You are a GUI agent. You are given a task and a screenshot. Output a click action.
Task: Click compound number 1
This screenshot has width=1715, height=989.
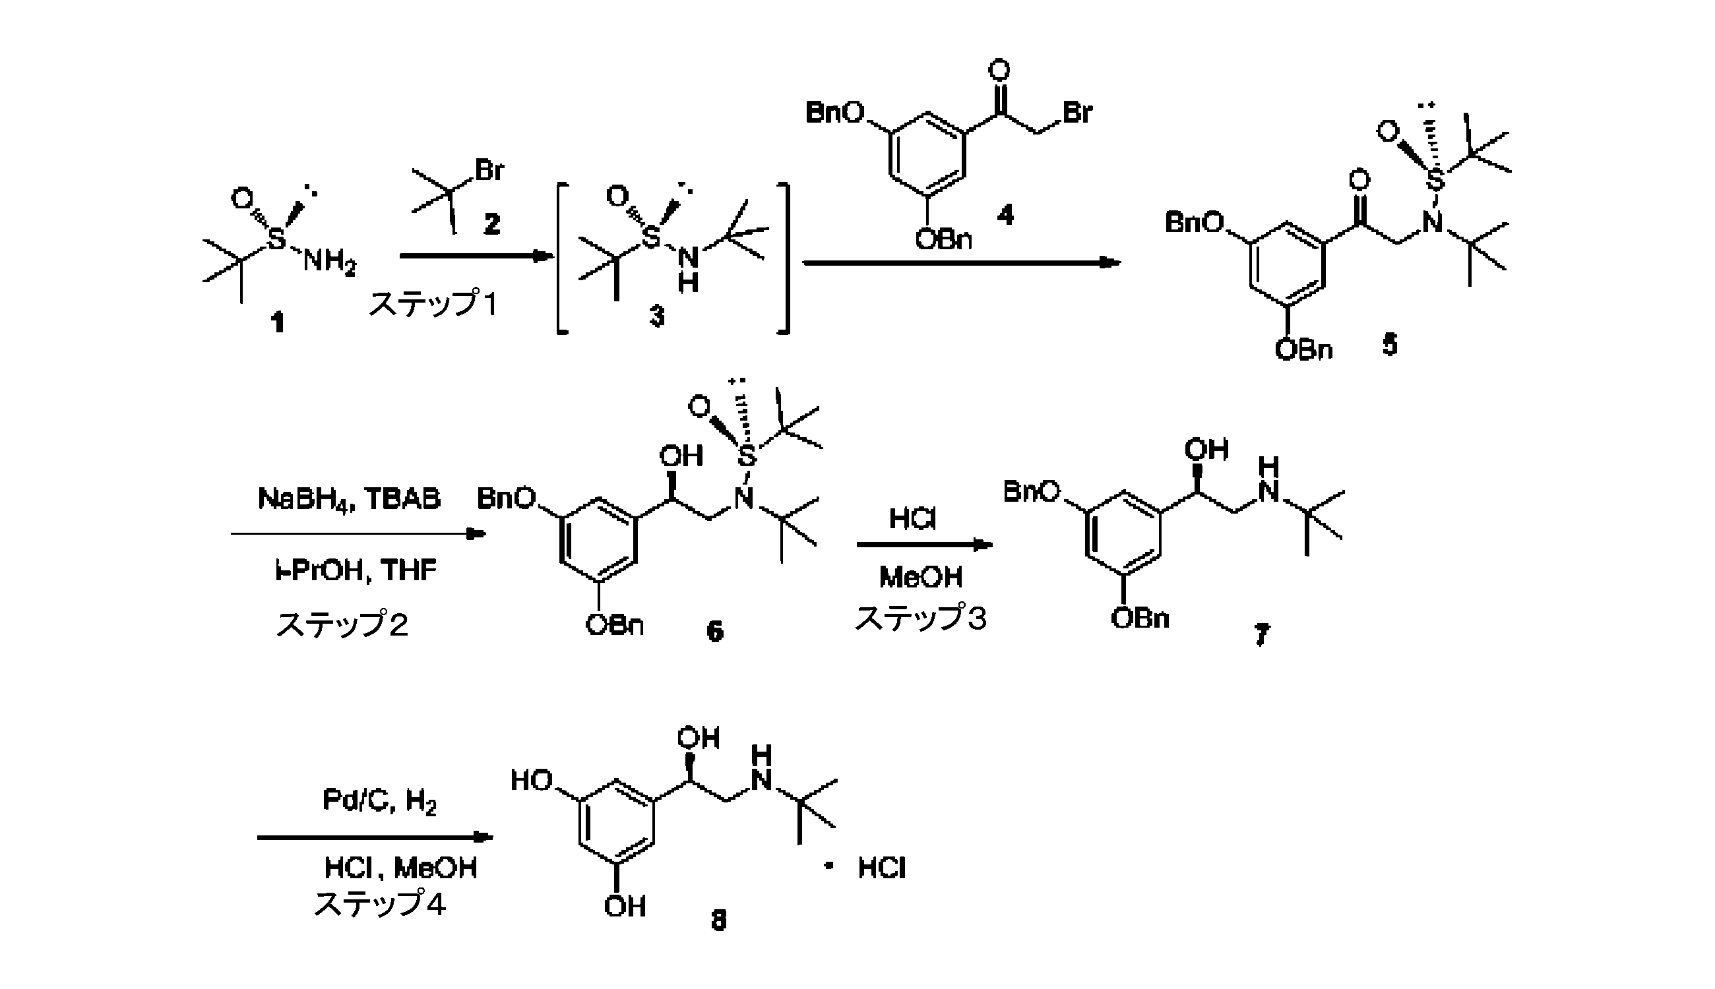click(277, 321)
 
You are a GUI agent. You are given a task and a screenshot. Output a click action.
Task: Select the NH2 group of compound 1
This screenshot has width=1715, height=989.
click(329, 262)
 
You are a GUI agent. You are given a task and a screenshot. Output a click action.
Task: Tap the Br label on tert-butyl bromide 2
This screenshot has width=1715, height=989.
click(489, 170)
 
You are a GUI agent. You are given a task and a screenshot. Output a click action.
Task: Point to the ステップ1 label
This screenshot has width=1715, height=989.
click(433, 304)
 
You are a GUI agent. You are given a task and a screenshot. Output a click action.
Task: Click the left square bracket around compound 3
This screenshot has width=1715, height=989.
click(561, 258)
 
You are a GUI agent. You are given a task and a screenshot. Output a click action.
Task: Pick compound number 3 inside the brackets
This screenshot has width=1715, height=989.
click(656, 316)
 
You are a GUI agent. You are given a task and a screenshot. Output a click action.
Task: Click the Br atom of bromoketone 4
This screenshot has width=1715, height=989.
click(1077, 112)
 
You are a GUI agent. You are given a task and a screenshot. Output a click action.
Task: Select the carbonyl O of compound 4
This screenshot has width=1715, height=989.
click(999, 71)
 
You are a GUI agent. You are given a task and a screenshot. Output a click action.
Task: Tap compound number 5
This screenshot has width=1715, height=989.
click(1390, 345)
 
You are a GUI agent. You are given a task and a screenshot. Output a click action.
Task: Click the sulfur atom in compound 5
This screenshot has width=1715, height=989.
click(1435, 181)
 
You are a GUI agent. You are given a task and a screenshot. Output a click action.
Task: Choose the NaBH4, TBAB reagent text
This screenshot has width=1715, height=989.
click(349, 498)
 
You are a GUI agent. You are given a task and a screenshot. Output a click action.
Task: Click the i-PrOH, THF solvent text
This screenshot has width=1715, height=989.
click(356, 569)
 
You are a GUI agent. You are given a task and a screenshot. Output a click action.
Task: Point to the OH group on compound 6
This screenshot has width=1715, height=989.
click(681, 456)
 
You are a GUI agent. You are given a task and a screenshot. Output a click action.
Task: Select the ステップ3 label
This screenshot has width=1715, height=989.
click(920, 618)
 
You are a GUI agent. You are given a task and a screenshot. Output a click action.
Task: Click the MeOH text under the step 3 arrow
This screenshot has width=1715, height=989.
click(921, 578)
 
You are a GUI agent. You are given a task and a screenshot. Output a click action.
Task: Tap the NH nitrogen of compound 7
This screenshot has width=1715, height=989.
click(1268, 491)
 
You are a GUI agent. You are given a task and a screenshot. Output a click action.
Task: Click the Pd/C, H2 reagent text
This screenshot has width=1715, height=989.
click(379, 802)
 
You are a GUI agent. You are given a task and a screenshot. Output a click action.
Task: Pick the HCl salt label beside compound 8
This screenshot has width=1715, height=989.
click(881, 868)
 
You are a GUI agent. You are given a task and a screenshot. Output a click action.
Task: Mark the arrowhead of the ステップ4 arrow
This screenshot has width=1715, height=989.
click(483, 837)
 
